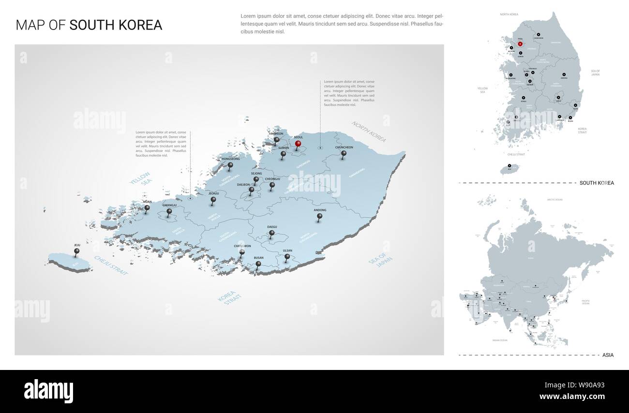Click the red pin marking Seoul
point(299,144)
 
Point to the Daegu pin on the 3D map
point(272,233)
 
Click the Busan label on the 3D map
point(258,258)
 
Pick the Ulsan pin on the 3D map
point(287,257)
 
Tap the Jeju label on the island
point(77,246)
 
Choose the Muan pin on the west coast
point(147,208)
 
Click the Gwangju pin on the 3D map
point(169,211)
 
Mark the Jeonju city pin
point(213,199)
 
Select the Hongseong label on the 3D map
point(230,159)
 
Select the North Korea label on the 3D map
point(369,132)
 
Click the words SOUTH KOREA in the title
point(116,26)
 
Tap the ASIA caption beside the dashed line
point(608,355)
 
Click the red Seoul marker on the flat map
point(520,44)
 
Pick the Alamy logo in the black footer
point(48,389)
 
